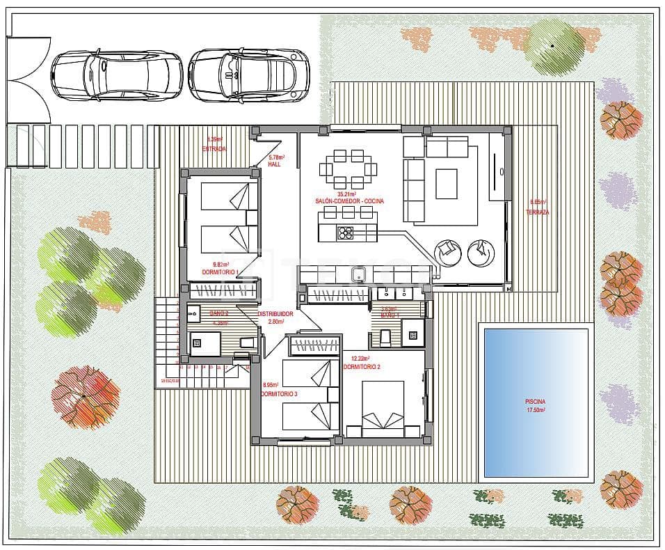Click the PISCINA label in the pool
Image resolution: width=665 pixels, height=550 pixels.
(x=535, y=402)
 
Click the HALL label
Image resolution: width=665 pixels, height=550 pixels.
(x=274, y=165)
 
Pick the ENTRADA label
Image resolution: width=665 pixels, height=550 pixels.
(x=214, y=149)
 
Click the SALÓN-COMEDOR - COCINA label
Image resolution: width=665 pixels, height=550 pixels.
(x=350, y=201)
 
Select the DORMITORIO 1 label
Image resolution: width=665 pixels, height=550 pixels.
(x=220, y=272)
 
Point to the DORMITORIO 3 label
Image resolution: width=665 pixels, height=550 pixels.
(x=279, y=394)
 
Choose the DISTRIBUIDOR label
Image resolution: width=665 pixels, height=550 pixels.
(x=275, y=314)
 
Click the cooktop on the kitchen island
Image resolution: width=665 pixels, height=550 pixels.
(x=346, y=233)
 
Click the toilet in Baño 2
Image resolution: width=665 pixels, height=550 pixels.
(x=246, y=342)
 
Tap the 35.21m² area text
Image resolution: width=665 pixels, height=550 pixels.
(x=346, y=194)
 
